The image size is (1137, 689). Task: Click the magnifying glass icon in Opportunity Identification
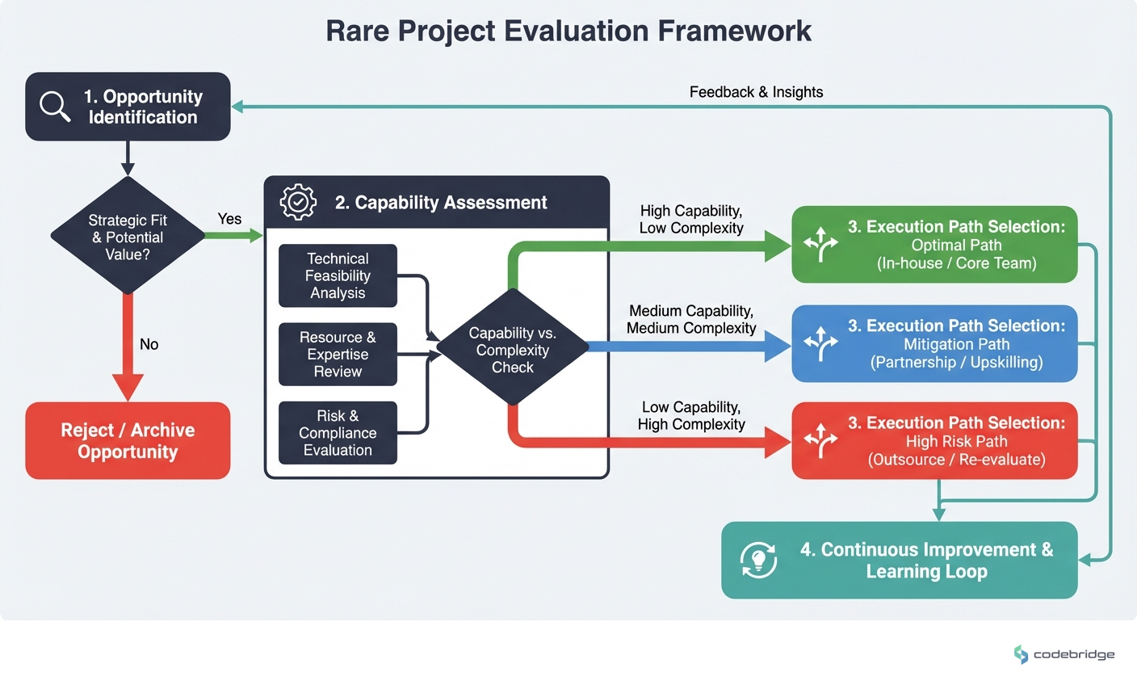click(55, 106)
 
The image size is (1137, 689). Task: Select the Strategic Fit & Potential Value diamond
click(128, 237)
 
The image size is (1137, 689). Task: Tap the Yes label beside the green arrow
click(229, 219)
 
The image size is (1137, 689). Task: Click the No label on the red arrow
click(149, 344)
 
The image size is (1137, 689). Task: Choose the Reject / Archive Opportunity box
click(128, 440)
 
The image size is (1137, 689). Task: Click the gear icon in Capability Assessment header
click(298, 202)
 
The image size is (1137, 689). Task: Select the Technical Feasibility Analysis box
click(338, 275)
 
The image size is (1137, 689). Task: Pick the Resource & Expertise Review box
click(338, 354)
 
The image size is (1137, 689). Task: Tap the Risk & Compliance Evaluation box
click(338, 432)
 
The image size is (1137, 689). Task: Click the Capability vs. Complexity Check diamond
click(512, 349)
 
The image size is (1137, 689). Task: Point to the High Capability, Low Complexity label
click(691, 219)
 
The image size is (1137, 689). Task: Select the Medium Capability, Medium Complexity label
click(691, 319)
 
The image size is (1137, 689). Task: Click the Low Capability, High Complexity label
click(691, 415)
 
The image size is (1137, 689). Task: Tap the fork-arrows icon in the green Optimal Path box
click(821, 245)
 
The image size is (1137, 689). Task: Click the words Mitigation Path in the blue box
click(956, 344)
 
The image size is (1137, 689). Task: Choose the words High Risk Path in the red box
click(956, 441)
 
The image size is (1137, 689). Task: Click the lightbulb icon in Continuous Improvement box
click(758, 560)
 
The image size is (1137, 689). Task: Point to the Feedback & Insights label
click(756, 92)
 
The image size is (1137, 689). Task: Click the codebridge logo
click(1064, 654)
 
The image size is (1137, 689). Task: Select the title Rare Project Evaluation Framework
click(568, 31)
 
